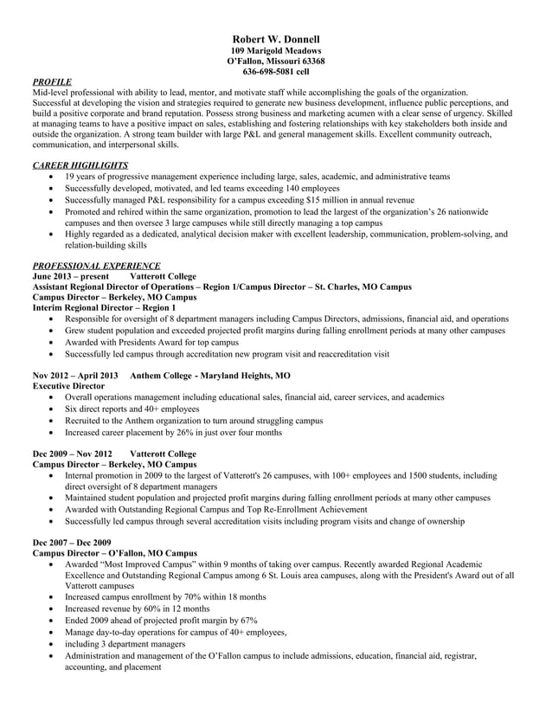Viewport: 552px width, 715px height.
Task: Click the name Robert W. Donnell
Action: tap(276, 40)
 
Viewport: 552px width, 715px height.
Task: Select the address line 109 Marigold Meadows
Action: tap(276, 51)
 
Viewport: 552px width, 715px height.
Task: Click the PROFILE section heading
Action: tap(52, 81)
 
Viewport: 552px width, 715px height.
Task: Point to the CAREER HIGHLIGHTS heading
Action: tap(80, 164)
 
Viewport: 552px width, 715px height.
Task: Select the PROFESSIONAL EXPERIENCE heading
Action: tap(95, 265)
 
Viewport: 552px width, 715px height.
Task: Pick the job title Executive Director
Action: tap(68, 386)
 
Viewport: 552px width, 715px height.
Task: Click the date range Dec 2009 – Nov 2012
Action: tap(72, 454)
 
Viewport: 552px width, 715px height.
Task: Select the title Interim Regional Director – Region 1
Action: tap(104, 307)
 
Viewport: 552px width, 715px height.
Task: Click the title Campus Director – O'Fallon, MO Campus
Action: tap(114, 552)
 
